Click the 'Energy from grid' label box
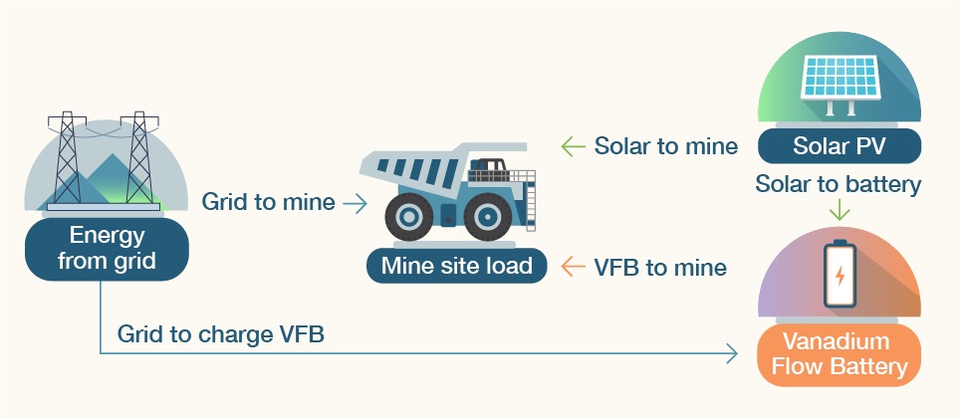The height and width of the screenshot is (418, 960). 106,249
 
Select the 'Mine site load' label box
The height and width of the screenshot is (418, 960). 456,266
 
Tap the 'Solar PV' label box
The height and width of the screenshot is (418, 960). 839,147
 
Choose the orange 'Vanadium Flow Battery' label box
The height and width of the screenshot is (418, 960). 839,354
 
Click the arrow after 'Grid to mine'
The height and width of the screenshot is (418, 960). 355,203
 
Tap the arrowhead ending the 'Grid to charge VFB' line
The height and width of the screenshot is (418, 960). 732,353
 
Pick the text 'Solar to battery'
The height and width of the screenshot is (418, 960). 838,184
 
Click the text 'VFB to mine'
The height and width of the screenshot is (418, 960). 659,267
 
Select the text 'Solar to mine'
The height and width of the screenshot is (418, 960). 665,146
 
